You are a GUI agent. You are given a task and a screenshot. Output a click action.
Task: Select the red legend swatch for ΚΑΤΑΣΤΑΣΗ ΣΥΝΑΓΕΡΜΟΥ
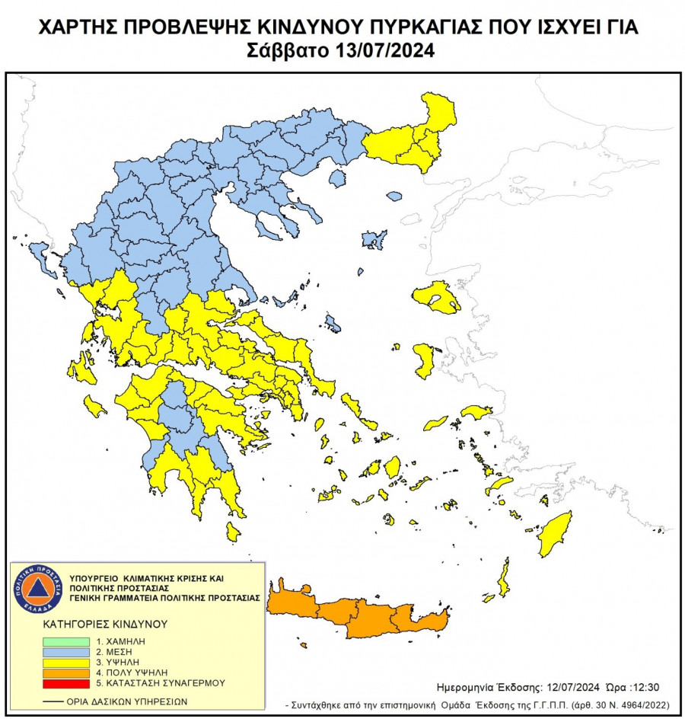pyautogui.click(x=66, y=682)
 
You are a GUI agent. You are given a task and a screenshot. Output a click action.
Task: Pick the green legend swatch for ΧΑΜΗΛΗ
pyautogui.click(x=66, y=642)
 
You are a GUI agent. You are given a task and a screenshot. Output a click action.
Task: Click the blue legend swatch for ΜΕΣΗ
pyautogui.click(x=66, y=653)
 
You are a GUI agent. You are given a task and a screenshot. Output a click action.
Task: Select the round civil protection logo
pyautogui.click(x=37, y=590)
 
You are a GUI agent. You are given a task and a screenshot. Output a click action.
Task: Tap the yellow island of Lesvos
pyautogui.click(x=437, y=296)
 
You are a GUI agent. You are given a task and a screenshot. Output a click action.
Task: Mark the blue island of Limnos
pyautogui.click(x=374, y=241)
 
